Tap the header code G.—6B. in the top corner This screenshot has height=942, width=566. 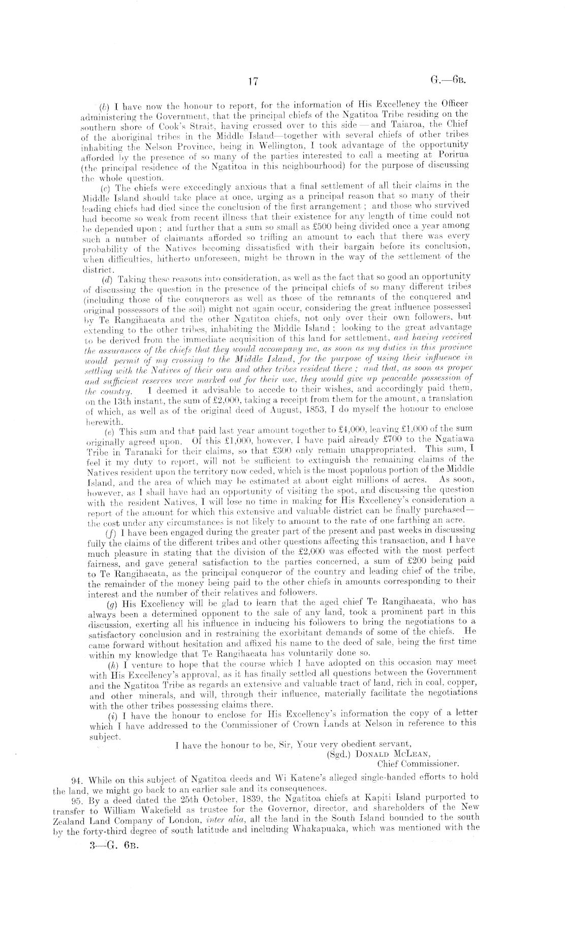[448, 80]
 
